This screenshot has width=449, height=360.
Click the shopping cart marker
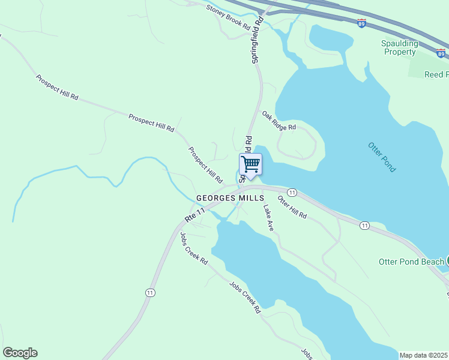[250, 164]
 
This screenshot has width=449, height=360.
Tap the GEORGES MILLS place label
[230, 198]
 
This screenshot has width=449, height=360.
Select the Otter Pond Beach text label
[411, 262]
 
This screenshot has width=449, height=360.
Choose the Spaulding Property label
[399, 47]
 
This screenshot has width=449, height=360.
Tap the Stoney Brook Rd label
[228, 17]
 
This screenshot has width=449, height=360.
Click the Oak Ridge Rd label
[279, 120]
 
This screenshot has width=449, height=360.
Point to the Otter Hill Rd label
[292, 207]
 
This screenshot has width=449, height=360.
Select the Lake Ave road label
[268, 218]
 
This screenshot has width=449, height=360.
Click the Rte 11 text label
[195, 213]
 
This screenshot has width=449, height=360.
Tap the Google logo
[20, 353]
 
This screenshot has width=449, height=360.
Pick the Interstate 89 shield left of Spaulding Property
[361, 23]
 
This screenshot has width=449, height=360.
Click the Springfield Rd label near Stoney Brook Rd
[256, 40]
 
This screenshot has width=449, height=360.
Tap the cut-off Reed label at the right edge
[436, 74]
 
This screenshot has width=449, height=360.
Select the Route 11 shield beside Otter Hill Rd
[292, 192]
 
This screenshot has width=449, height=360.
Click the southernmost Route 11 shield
[149, 292]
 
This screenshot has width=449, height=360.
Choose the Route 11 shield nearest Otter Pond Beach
[364, 225]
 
